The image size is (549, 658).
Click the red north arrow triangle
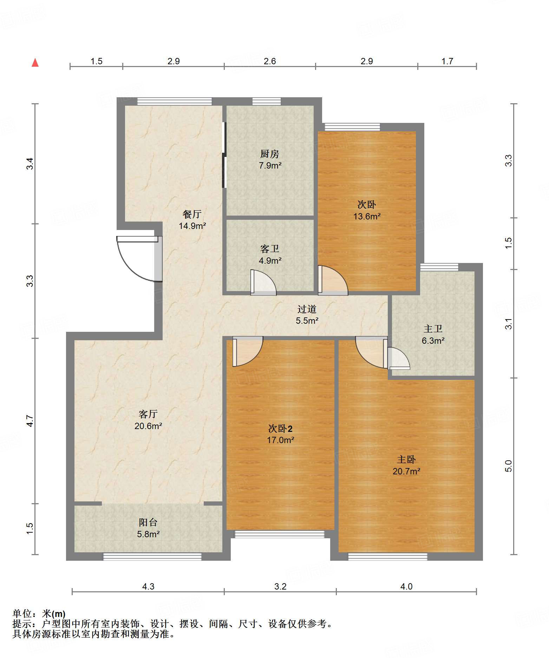point(35,62)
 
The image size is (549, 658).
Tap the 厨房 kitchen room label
point(270,154)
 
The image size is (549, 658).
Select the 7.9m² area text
point(270,165)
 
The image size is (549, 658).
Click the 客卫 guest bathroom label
point(270,249)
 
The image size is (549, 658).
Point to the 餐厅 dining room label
point(192,214)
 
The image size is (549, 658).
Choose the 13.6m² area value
point(367,216)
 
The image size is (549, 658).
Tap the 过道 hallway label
point(307,309)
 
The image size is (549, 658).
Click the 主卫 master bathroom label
point(433,329)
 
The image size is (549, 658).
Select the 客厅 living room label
point(148,414)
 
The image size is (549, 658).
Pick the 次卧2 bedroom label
point(280,429)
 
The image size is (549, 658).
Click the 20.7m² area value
point(406,471)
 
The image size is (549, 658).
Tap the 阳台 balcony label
point(148,522)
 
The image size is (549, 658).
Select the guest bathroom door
point(263,282)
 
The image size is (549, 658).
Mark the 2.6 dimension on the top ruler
point(270,61)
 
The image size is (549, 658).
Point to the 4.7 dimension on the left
point(30,421)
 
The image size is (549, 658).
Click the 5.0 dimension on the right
point(508,466)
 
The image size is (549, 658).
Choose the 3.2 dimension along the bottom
point(280,587)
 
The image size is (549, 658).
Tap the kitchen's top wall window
point(267,101)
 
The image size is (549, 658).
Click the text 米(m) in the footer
point(54,614)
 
